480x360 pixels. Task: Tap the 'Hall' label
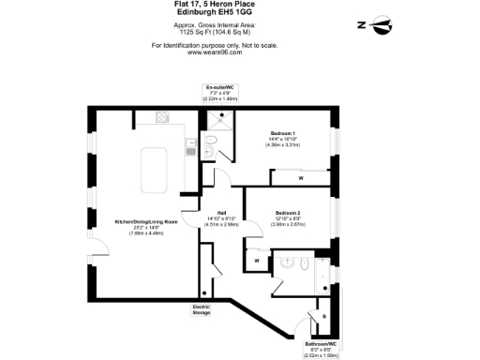[x=222, y=213]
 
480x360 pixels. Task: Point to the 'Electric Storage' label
[x=202, y=310]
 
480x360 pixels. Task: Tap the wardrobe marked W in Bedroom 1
[x=301, y=177]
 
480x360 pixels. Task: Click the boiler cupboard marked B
[x=325, y=316]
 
